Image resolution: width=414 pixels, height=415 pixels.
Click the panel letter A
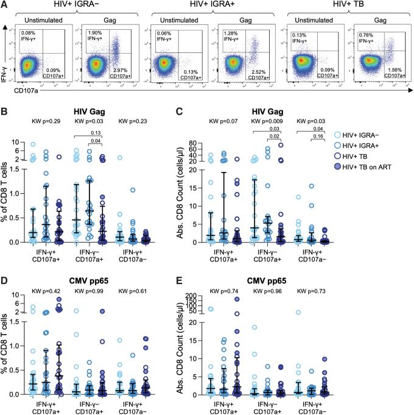click(x=5, y=5)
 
